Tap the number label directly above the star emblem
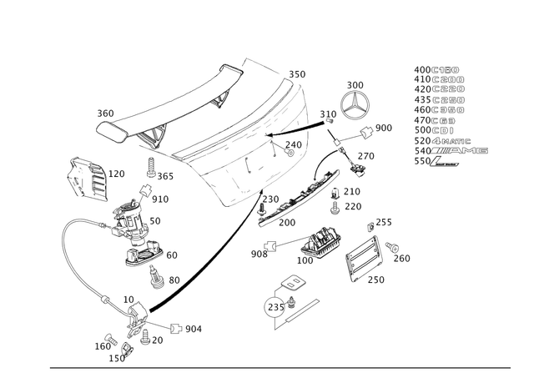point(356,83)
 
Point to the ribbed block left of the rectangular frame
point(317,244)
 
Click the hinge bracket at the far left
point(84,177)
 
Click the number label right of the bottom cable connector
point(190,329)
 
